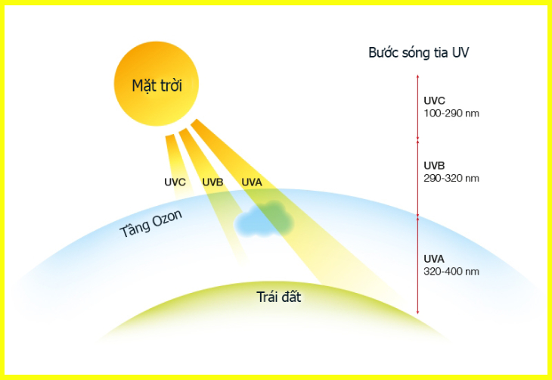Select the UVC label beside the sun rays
pos(175,182)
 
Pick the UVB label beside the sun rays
pos(213,182)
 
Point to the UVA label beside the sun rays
pos(252,182)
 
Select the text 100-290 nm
pos(451,113)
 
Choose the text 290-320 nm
pos(451,179)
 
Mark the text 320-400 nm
pos(451,271)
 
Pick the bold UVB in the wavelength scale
pos(436,166)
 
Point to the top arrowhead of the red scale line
pos(417,76)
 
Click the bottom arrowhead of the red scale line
pos(417,311)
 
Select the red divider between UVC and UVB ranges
pos(417,140)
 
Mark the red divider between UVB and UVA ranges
pos(417,216)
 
